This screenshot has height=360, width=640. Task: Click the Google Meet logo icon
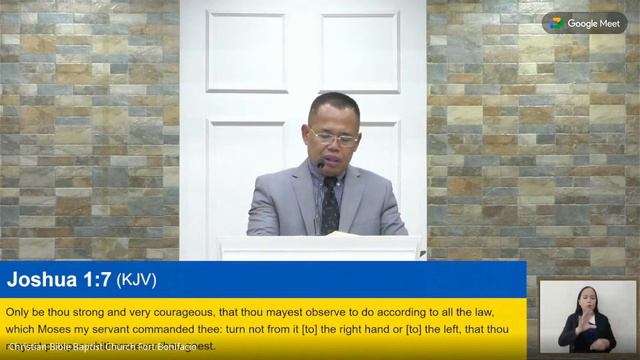(584, 23)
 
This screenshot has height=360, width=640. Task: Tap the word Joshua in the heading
(40, 280)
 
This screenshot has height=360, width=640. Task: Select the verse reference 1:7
(96, 280)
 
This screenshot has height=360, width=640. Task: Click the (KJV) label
(137, 280)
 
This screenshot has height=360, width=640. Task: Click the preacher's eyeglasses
(334, 135)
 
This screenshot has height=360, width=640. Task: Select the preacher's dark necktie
(330, 204)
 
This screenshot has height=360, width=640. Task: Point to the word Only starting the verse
(18, 312)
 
